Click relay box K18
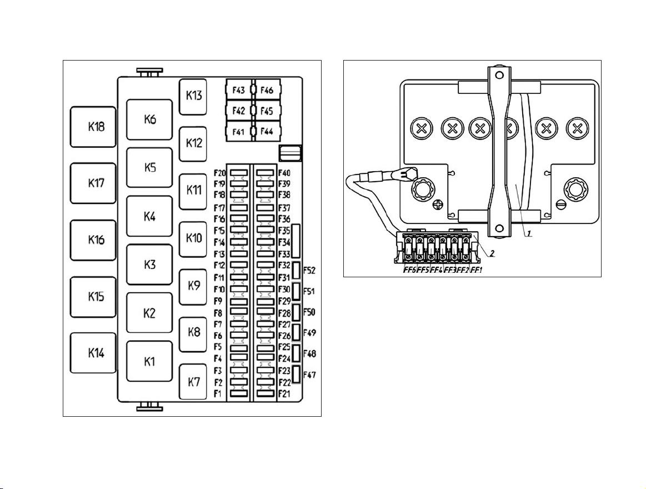pos(93,127)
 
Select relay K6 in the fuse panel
pos(149,119)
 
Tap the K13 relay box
pos(193,97)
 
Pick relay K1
pos(149,361)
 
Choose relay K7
pos(193,382)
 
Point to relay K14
pos(93,353)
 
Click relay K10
pos(193,239)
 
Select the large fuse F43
pos(239,90)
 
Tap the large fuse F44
pos(267,132)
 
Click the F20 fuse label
pos(219,173)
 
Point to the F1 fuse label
pos(218,394)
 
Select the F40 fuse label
pos(284,173)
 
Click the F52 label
pos(309,271)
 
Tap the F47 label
pos(309,375)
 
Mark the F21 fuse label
pos(284,394)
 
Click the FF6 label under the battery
pos(409,271)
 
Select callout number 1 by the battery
pos(529,233)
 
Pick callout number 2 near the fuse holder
pos(492,253)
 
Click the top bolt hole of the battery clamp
pos(499,76)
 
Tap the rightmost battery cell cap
pos(577,129)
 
